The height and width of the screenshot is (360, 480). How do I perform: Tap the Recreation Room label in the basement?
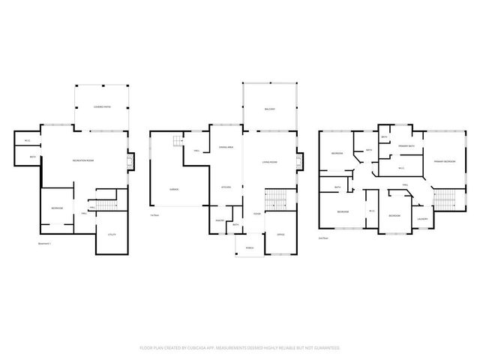(x=82, y=161)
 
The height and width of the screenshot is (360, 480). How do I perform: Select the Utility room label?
(x=111, y=235)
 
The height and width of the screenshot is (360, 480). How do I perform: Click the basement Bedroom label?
(x=57, y=208)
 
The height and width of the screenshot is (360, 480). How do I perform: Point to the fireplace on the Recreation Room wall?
(x=130, y=161)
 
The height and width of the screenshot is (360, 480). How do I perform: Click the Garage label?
(x=173, y=189)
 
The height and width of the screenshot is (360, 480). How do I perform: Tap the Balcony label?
(x=269, y=109)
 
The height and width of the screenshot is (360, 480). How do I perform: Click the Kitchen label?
(x=226, y=186)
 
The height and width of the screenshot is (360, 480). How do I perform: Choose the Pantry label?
(x=220, y=220)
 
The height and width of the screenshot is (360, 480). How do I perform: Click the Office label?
(x=280, y=235)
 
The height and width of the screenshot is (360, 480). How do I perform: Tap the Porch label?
(x=248, y=247)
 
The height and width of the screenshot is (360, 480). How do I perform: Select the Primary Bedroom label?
(x=445, y=161)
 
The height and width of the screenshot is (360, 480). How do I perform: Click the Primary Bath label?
(x=407, y=146)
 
